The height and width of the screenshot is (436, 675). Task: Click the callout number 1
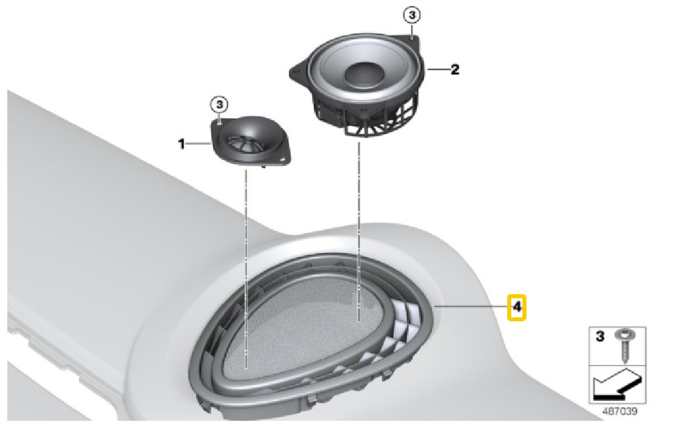click(x=181, y=144)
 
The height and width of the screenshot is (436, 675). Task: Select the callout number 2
click(x=455, y=70)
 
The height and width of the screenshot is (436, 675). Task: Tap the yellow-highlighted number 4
click(x=516, y=307)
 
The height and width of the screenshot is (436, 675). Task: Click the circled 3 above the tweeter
click(x=219, y=105)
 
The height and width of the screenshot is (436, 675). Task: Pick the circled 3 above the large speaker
click(x=412, y=16)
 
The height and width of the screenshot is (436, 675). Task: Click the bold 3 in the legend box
click(x=599, y=336)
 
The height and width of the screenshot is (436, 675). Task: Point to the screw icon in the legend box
click(x=622, y=345)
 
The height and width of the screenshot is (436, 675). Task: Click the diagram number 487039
click(x=619, y=411)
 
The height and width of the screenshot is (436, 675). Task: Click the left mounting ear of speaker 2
click(x=298, y=70)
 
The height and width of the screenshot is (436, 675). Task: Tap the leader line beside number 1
click(x=200, y=143)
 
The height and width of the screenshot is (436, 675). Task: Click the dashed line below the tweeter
click(x=246, y=269)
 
